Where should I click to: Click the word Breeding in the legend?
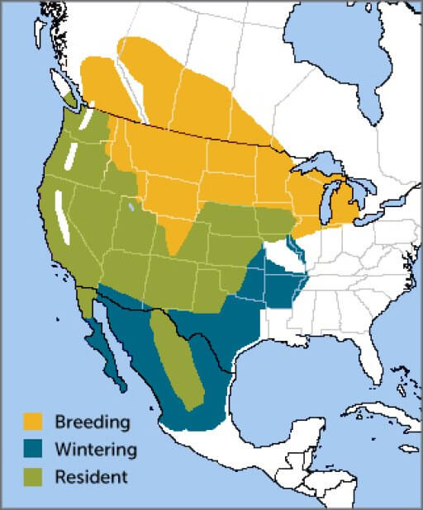(x=93, y=422)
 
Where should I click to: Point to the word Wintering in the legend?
(x=94, y=449)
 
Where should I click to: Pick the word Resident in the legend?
(x=91, y=476)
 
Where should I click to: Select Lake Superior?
(x=318, y=165)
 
